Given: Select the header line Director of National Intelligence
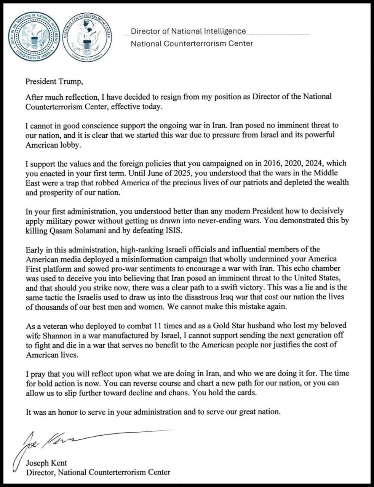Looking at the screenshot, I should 188,31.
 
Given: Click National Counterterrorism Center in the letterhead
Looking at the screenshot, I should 192,44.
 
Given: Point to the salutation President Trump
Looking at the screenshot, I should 54,81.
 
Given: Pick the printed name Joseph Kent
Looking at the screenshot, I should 46,463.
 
